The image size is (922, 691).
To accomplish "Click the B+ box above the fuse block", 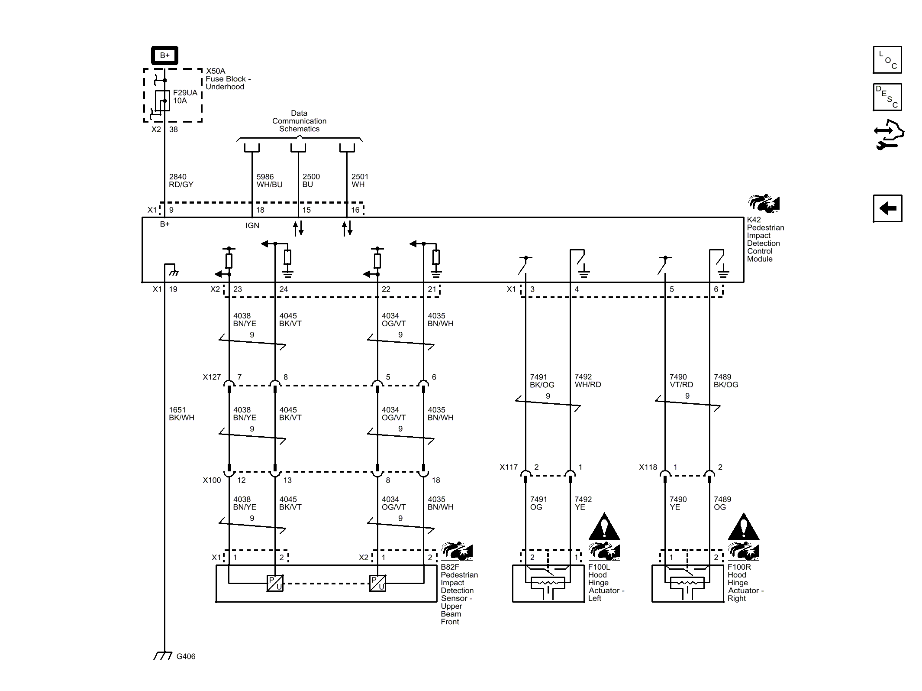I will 164,55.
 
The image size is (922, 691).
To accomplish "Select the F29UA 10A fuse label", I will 185,97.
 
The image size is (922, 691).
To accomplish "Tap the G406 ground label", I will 186,656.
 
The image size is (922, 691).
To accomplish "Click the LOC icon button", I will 887,60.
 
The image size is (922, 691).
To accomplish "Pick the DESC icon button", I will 887,97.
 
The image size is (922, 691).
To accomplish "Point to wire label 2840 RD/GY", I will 181,181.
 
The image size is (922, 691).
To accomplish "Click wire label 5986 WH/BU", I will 269,181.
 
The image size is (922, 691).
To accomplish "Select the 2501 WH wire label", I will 359,181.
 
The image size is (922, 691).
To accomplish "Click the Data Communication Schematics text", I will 299,121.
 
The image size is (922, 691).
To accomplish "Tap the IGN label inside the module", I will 252,225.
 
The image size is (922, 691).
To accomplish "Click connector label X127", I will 212,377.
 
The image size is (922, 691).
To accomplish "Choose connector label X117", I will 509,467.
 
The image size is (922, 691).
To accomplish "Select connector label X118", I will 648,467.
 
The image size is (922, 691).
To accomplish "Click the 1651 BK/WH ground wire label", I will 181,414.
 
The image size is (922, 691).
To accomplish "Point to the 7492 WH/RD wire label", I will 587,381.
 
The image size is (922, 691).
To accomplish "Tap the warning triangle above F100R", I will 743,527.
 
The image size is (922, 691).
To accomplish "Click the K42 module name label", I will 765,239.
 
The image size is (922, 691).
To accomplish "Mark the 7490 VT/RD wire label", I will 681,381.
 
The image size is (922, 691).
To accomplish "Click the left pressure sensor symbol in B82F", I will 275,583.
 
